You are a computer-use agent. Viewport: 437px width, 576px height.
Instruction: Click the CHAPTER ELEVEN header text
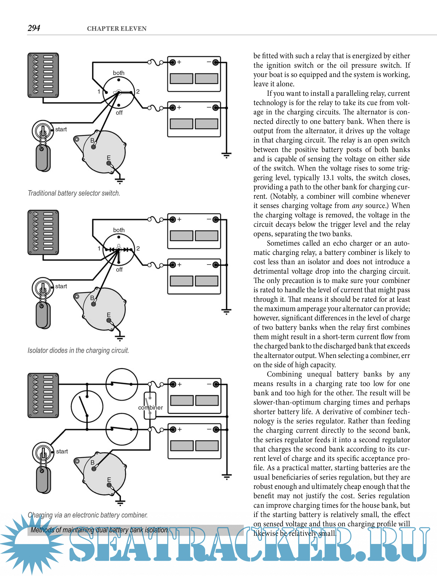click(x=117, y=29)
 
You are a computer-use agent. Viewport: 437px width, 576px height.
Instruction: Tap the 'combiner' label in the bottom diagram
click(x=150, y=407)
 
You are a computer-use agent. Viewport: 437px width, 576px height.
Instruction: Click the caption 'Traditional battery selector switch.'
click(x=74, y=193)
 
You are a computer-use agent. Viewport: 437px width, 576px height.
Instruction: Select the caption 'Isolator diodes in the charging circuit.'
click(x=78, y=351)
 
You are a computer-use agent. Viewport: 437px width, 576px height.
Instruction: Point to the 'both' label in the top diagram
click(x=119, y=73)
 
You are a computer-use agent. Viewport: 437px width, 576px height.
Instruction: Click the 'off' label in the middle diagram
click(x=119, y=269)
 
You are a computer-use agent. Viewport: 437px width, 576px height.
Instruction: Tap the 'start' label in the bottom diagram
click(x=62, y=451)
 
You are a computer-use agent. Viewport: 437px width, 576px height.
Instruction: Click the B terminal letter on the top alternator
click(x=92, y=140)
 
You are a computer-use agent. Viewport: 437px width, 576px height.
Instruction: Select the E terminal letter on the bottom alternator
click(x=109, y=480)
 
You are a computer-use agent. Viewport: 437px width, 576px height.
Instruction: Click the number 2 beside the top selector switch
click(x=138, y=91)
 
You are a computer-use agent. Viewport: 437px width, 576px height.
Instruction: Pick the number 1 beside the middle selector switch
click(x=99, y=248)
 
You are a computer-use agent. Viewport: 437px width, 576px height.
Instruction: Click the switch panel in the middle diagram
click(x=43, y=232)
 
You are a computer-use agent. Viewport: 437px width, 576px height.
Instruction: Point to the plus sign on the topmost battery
click(x=179, y=62)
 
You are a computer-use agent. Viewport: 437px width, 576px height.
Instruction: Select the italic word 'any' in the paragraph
click(x=357, y=206)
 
